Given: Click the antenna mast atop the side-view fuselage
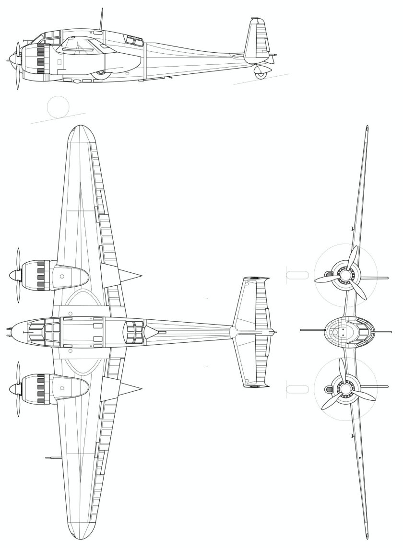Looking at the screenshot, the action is click(x=101, y=19).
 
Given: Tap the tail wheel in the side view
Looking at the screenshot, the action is click(x=261, y=74).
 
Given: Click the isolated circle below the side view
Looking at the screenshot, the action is click(x=58, y=106).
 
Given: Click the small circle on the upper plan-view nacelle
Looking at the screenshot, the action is click(x=62, y=276).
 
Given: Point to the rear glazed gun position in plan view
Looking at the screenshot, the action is click(x=135, y=330).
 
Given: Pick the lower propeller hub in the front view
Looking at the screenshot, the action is click(x=345, y=386).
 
